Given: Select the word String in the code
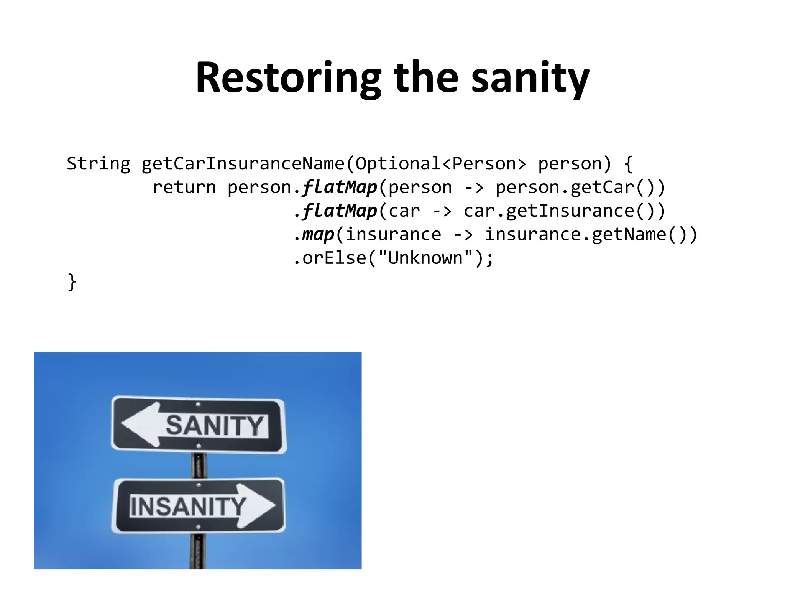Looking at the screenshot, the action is coord(99,164).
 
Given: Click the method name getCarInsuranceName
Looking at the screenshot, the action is coord(243,164).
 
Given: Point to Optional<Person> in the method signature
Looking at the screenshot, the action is coord(441,164).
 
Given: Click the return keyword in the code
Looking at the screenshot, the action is coord(184,188).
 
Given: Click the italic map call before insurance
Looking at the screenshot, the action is coord(318,235).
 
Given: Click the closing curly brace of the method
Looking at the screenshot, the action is coord(72,282).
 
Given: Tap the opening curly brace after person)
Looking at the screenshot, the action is coord(628,164).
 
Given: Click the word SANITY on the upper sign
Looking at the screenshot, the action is coord(215,426).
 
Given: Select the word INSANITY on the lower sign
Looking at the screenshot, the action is coord(188,506).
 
